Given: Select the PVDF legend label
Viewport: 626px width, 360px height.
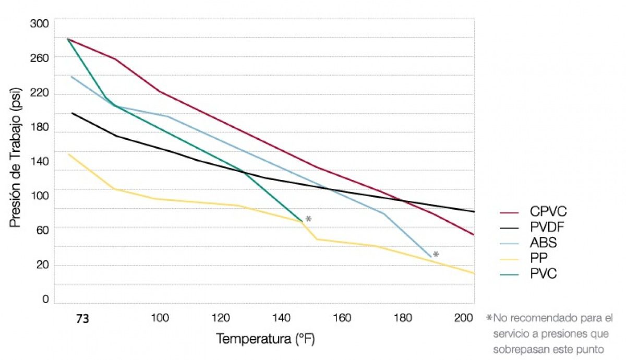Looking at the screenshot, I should [x=548, y=227].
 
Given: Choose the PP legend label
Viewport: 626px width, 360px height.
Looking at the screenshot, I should [x=540, y=258].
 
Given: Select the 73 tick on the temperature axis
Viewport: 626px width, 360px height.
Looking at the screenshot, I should [x=82, y=319].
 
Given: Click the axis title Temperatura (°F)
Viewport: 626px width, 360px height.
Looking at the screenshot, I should [x=266, y=339].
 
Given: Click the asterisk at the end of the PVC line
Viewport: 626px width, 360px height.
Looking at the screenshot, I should [x=308, y=219].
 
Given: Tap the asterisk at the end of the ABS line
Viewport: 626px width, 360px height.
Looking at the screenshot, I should [x=436, y=255].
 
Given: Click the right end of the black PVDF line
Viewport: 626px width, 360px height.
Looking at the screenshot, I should [x=474, y=211].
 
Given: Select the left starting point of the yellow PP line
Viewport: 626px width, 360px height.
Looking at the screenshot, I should [x=68, y=154].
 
